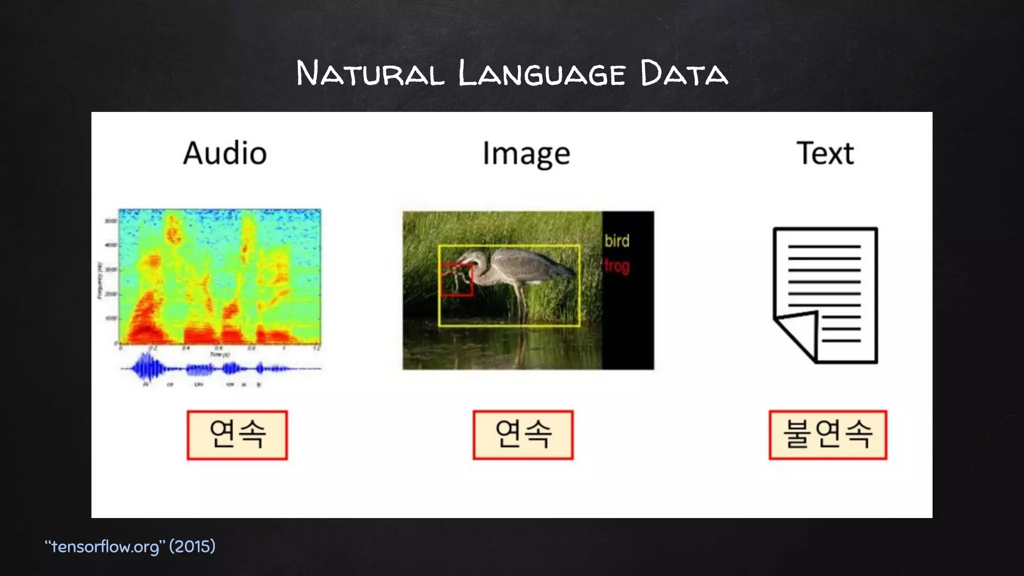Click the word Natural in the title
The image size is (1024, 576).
[370, 73]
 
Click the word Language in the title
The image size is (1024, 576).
[541, 73]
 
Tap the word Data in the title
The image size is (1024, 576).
[683, 73]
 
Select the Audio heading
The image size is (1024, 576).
[224, 153]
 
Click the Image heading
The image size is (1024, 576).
[526, 154]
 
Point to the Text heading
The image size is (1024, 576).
[825, 153]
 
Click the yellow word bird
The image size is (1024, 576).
[616, 241]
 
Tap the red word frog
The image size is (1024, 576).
[616, 266]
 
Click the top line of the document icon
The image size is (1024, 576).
[824, 247]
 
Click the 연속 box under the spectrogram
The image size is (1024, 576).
[237, 434]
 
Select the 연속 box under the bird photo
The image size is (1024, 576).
[523, 434]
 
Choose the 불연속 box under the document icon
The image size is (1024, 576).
[827, 434]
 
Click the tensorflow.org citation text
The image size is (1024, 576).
[105, 546]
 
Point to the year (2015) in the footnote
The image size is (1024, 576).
[192, 546]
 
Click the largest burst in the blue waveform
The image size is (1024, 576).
[146, 368]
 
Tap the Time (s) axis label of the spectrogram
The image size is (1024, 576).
[219, 354]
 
